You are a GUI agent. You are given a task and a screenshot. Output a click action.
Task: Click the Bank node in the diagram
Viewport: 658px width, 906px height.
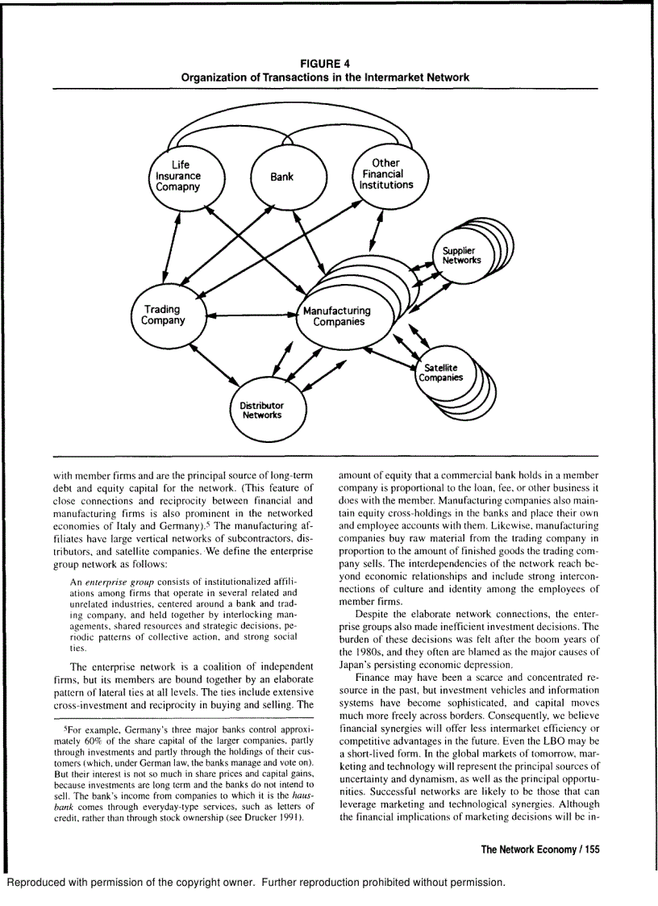coord(281,177)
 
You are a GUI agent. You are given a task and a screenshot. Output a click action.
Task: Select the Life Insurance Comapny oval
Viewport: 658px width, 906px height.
coord(178,176)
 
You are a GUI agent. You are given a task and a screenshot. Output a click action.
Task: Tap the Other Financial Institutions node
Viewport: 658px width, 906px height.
coord(386,174)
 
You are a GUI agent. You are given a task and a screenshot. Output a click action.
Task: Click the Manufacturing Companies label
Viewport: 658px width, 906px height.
coord(337,316)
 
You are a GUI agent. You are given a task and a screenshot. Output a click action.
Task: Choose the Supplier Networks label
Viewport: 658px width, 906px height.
coord(461,256)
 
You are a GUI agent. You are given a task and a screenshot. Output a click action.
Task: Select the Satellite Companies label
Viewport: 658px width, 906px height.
coord(440,373)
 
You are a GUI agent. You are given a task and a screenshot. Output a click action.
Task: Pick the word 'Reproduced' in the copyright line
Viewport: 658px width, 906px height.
coord(38,882)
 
